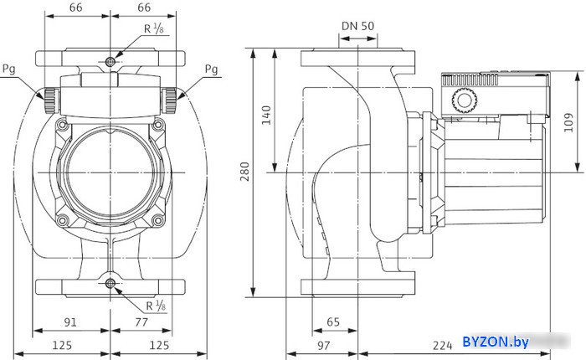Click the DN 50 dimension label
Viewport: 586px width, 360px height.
point(357,25)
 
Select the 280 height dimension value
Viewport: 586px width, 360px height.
point(244,172)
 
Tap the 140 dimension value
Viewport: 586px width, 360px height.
point(267,115)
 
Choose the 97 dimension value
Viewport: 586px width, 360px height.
point(322,345)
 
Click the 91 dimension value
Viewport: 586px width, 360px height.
point(71,321)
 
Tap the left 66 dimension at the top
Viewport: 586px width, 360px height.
point(76,8)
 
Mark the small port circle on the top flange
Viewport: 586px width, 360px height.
point(111,62)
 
